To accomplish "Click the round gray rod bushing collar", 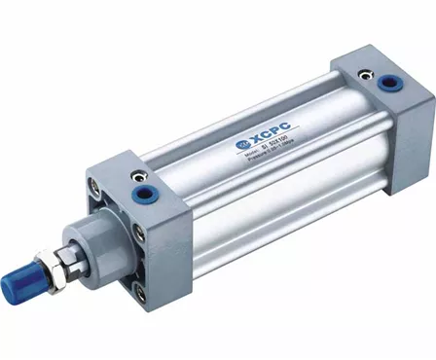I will pyautogui.click(x=93, y=241).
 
